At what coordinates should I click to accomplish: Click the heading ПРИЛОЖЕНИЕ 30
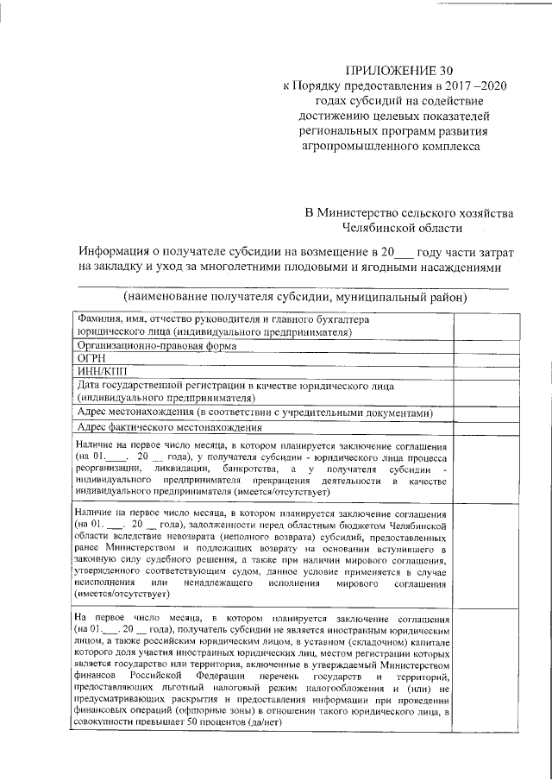point(398,69)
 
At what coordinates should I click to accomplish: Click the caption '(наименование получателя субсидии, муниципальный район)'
point(295,297)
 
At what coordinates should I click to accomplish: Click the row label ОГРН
point(91,358)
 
